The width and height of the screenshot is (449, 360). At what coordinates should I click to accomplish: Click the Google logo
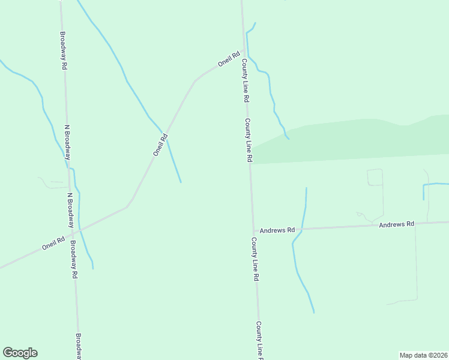coord(20,353)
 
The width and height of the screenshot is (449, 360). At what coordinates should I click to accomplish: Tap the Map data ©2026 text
coord(424,355)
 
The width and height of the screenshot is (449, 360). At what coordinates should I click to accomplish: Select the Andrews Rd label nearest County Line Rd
coord(277,230)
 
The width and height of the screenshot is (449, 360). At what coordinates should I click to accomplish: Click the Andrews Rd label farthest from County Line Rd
coord(397,224)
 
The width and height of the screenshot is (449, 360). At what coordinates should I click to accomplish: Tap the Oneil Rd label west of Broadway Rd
coord(53,244)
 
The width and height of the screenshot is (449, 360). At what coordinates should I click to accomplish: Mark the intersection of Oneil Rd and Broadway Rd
coord(74,230)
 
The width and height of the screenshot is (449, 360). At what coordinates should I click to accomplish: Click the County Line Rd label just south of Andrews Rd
coord(255,259)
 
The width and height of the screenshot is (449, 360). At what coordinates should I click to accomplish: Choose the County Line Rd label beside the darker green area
coord(249,140)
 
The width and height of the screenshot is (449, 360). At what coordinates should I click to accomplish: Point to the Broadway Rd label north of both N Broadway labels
coord(63,50)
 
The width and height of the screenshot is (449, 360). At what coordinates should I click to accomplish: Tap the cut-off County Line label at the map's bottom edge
coord(259,341)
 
